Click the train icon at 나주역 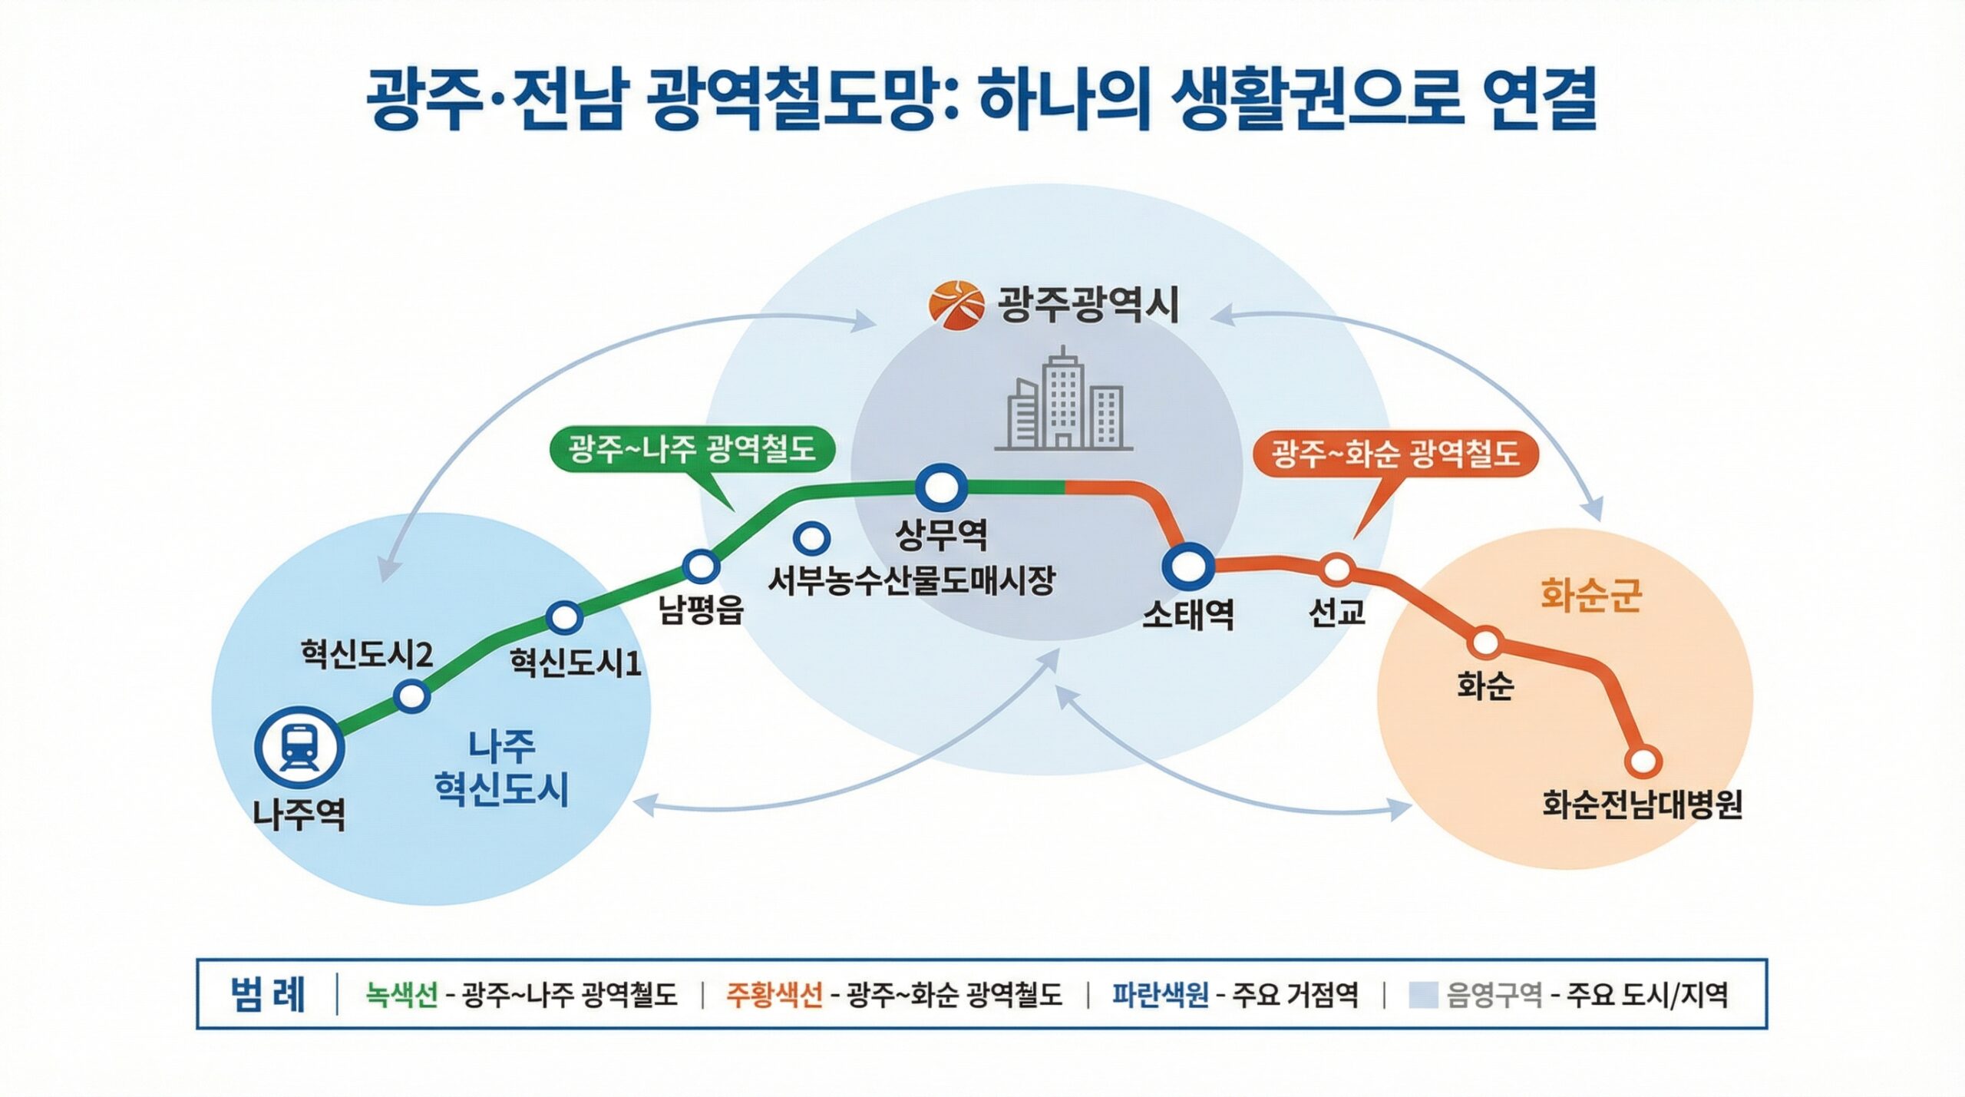tap(299, 747)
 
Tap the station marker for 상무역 tap(940, 487)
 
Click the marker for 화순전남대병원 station tap(1643, 761)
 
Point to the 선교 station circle tap(1336, 570)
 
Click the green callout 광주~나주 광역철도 tap(692, 448)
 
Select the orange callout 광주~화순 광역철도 tap(1395, 453)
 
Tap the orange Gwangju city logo tap(956, 304)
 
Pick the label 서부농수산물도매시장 tap(912, 580)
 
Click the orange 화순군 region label tap(1590, 595)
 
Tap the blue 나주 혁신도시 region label tap(501, 768)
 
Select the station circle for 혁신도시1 tap(565, 616)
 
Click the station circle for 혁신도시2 tap(412, 696)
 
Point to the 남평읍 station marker tap(701, 567)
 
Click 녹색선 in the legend tap(401, 995)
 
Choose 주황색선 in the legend tap(774, 995)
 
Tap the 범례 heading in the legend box tap(267, 994)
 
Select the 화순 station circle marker tap(1485, 642)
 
